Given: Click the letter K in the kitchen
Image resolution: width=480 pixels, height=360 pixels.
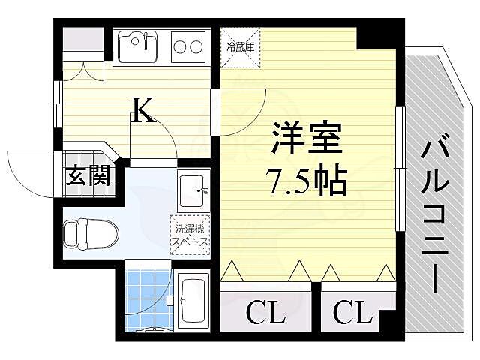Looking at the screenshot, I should pos(143,111).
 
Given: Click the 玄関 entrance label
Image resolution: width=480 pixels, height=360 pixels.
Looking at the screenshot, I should pos(88,177).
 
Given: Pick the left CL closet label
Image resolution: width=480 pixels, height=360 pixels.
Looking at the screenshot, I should pos(265,312).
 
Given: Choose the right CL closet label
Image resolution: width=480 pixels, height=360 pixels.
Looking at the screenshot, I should pos(353,312).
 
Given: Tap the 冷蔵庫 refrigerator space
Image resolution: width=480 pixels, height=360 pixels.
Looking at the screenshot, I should pos(240,46).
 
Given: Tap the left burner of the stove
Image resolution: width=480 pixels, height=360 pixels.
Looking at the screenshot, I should pos(181,48).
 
